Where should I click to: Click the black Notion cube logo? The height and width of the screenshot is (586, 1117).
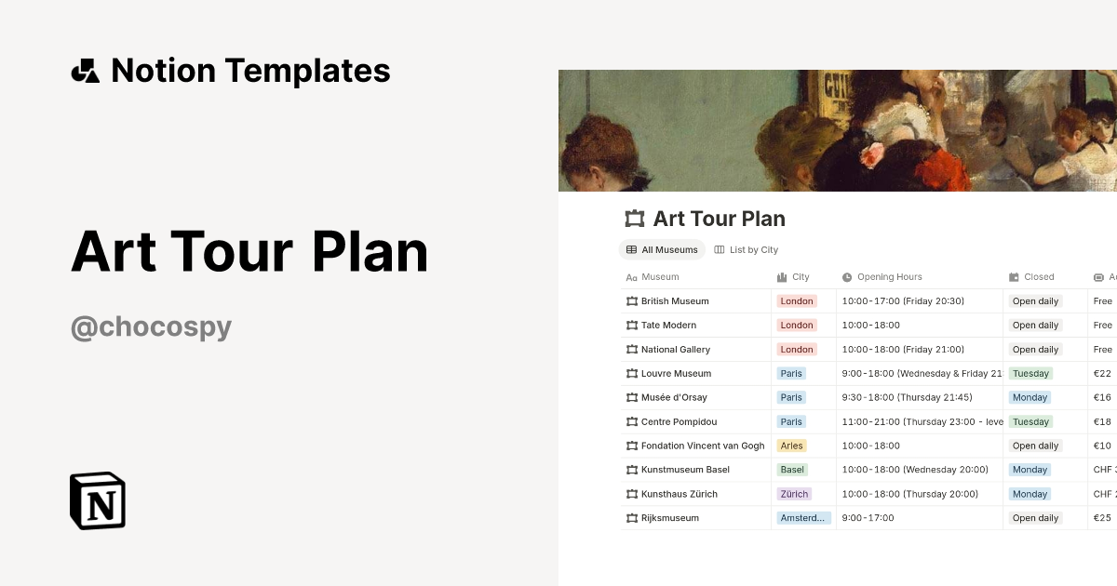98,500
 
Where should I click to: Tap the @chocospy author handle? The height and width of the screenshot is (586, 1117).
151,327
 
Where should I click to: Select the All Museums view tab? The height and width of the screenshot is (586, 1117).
662,249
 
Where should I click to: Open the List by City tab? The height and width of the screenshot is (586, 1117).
746,249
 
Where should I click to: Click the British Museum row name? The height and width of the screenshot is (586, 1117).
675,301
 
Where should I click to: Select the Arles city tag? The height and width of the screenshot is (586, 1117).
791,446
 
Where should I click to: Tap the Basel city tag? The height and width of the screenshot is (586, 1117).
792,470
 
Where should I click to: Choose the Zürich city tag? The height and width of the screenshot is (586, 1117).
794,494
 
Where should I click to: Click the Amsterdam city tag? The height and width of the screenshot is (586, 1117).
803,518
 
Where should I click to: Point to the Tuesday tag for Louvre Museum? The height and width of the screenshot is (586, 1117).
1030,373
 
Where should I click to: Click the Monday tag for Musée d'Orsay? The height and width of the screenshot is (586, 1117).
1030,397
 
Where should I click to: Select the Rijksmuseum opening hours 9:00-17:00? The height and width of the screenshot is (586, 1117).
868,518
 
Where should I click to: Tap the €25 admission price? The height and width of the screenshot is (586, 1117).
1102,518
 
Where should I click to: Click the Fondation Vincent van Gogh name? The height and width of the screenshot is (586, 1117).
702,446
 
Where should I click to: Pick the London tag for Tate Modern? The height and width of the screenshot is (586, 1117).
797,326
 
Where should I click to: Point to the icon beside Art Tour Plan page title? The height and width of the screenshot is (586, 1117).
634,219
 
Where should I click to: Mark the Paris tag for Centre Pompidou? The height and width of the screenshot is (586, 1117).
791,421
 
